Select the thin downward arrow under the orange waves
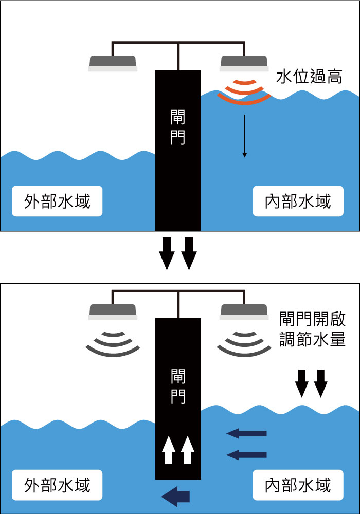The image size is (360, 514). pos(245,136)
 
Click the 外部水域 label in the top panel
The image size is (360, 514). pos(57,200)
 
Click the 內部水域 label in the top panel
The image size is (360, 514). pos(298,200)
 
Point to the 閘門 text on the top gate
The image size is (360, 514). pos(177,126)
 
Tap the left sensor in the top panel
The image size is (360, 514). pos(113,63)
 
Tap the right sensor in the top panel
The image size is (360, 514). pos(244,63)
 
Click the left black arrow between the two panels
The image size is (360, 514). pos(167,253)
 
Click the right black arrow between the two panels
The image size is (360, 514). pos(189,253)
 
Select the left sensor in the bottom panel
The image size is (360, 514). pos(113,311)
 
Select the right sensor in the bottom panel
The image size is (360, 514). pos(244,311)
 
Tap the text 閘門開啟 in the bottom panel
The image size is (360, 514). pos(313,319)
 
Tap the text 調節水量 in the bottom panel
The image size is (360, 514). pos(313,340)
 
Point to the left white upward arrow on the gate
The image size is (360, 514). pos(168,450)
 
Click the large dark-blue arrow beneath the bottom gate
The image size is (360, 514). pos(176,496)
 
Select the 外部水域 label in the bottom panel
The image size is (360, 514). pos(57,485)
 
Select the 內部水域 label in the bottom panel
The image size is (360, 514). pos(298,485)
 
